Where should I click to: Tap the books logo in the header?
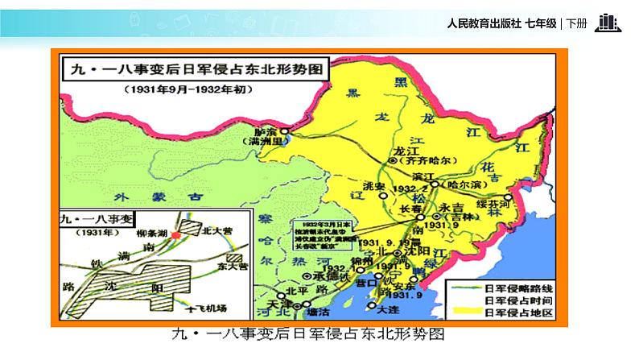coord(607,23)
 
